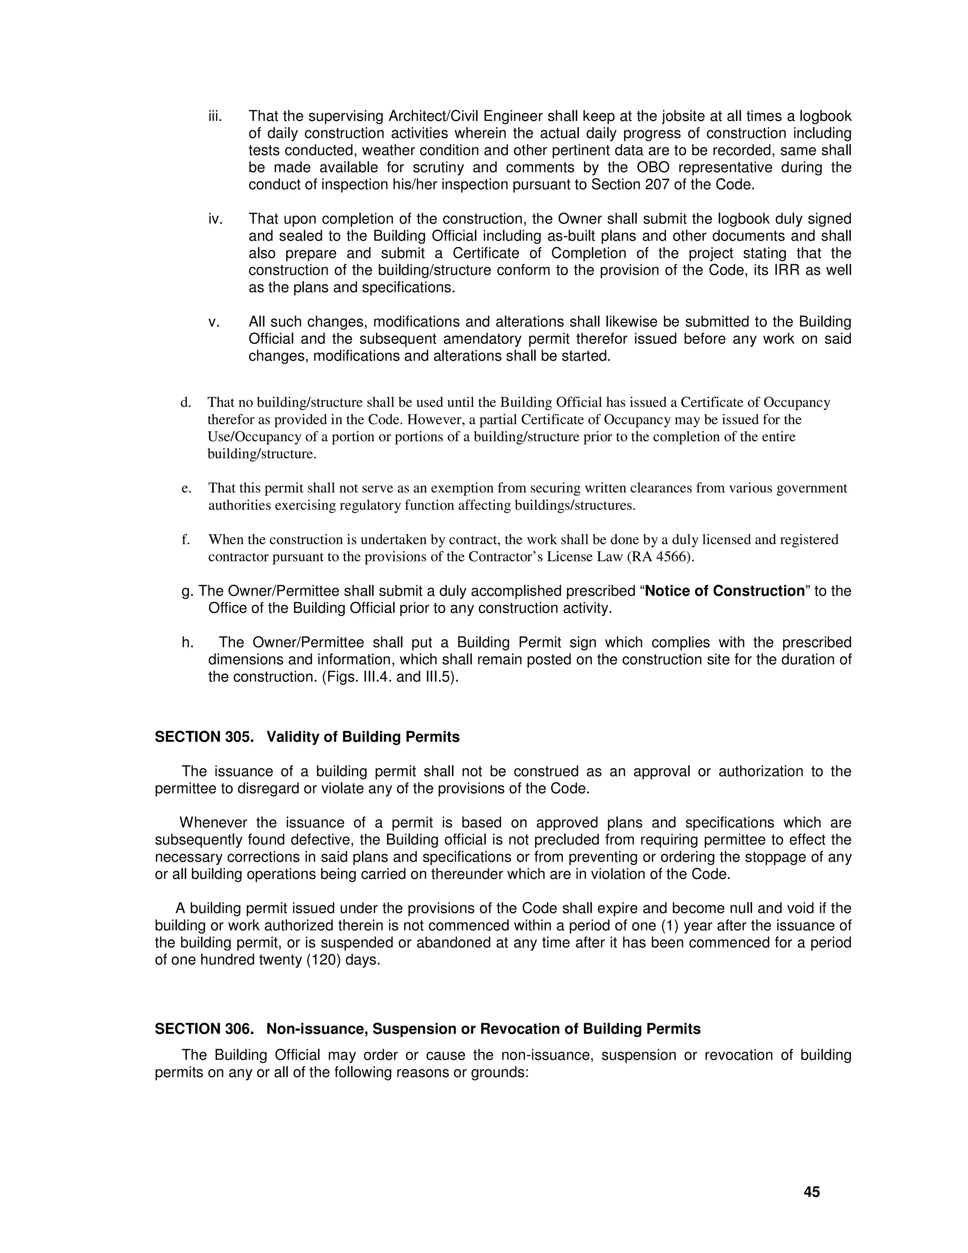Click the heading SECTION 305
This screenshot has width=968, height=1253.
tap(204, 737)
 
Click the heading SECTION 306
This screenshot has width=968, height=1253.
tap(204, 1029)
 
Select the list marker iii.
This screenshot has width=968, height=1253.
tap(215, 116)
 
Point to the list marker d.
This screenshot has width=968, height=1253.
tap(185, 403)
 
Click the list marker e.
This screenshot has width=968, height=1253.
tap(185, 488)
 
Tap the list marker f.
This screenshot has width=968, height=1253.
tap(185, 540)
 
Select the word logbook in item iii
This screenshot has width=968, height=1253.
tap(826, 116)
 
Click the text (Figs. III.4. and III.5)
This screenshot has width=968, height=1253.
tap(390, 677)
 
